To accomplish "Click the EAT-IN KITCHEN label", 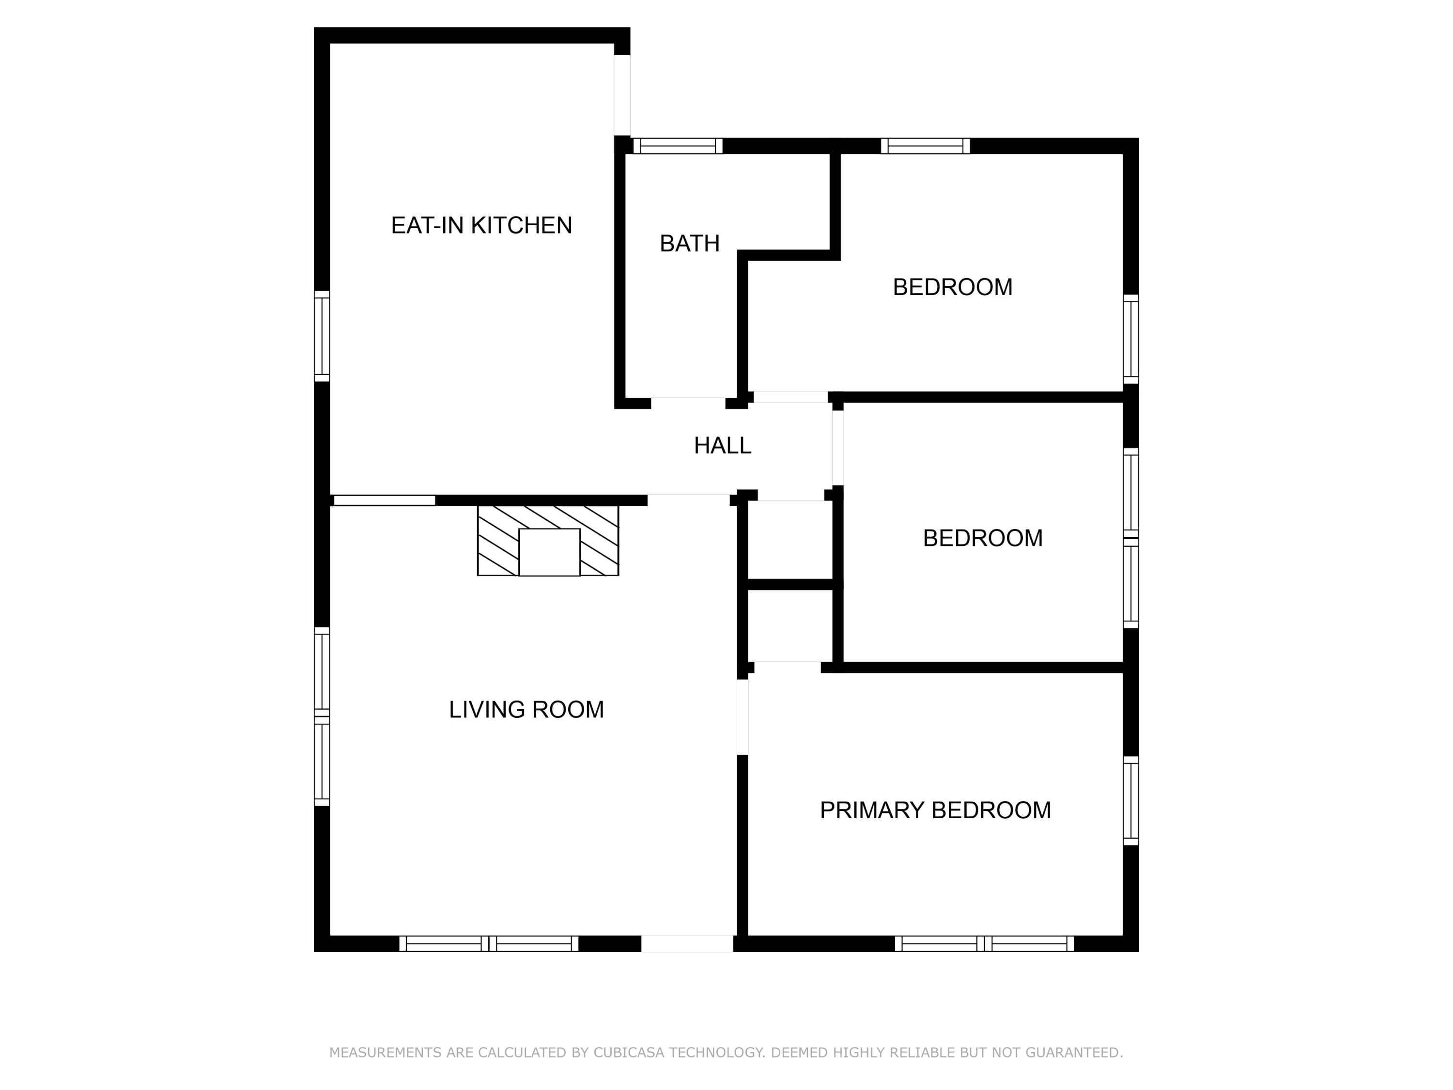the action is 481,225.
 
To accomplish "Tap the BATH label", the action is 690,244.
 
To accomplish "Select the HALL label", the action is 723,446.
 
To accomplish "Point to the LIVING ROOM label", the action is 526,710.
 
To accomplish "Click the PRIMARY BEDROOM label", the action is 935,810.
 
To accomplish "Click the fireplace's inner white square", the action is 549,552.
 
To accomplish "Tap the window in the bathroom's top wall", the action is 678,146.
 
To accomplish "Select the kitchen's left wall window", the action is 322,336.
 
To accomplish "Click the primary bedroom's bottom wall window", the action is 984,944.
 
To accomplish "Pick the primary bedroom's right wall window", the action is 1130,800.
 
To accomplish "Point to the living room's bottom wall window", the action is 489,944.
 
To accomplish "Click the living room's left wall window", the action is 322,716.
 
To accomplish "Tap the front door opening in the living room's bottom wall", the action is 687,944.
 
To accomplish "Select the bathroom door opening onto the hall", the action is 688,403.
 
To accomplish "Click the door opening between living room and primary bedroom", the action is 742,717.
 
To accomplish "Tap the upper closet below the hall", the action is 791,540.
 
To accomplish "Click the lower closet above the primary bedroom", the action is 791,625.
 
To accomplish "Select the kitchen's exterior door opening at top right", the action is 622,95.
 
